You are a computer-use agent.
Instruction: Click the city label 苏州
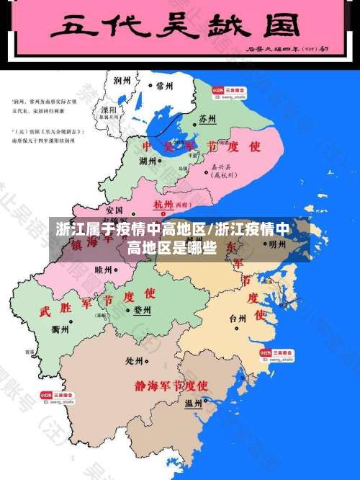207,117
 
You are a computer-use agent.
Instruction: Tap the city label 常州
165,86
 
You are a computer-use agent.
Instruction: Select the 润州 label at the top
122,81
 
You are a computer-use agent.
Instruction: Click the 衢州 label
60,329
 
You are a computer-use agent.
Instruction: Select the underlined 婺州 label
142,310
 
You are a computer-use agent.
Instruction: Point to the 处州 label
135,360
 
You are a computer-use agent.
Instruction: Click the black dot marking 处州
148,360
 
